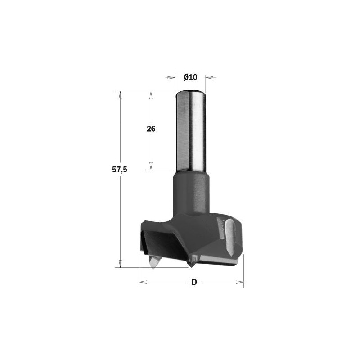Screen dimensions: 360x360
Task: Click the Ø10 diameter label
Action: pos(191,77)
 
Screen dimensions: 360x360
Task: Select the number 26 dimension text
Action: pos(151,129)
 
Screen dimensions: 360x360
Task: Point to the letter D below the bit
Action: pos(194,282)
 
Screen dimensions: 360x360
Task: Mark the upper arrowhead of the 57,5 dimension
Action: pos(120,95)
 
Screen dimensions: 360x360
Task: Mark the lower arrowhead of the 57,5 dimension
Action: pos(120,263)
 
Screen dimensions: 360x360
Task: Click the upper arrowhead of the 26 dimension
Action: pos(151,95)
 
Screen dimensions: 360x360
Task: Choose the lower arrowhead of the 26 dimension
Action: pos(151,166)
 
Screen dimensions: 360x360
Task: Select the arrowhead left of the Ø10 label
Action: pos(171,77)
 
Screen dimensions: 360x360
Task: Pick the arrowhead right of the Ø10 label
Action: pos(210,77)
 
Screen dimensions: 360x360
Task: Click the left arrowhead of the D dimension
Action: pos(143,283)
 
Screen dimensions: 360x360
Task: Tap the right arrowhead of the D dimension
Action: pos(239,283)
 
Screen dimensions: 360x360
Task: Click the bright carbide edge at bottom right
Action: pos(220,261)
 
